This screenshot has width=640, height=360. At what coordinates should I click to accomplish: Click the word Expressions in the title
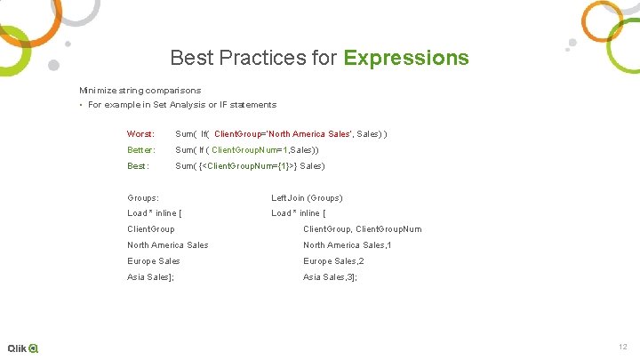point(406,59)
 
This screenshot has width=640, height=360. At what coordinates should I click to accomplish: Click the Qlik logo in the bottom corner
point(23,348)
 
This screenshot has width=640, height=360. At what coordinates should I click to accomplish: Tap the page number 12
point(621,346)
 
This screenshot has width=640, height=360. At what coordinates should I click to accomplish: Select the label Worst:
point(141,133)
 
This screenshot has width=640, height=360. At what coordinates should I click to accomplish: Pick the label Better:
point(141,149)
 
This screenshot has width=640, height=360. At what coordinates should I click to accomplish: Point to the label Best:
point(139,166)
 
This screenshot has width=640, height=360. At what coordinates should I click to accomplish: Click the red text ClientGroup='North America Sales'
point(284,133)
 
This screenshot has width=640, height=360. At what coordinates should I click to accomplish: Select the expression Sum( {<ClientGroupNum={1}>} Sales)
point(250,166)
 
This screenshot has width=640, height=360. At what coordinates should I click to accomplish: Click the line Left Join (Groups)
point(307,197)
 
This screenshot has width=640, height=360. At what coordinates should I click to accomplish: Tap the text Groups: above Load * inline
point(143,197)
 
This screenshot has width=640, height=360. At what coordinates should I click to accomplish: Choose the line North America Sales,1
point(347,245)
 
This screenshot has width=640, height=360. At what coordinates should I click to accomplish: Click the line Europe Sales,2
point(333,261)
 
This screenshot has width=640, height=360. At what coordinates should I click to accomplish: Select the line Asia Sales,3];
point(330,277)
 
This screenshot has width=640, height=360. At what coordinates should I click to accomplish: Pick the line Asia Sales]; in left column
point(150,277)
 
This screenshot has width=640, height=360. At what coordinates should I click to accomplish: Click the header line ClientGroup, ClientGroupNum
point(362,229)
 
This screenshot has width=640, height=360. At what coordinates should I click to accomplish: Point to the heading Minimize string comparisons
point(140,90)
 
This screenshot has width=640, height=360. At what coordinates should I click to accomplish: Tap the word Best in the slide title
point(191,59)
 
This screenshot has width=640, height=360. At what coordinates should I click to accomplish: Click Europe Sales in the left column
point(153,261)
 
